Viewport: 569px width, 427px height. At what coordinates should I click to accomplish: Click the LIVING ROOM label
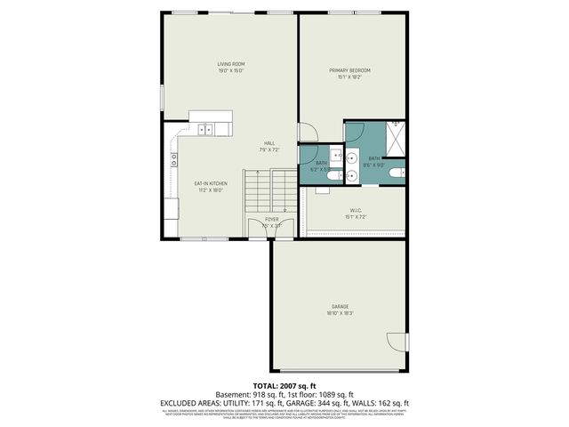click(x=231, y=64)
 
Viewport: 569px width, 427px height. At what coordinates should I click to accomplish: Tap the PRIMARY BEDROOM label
click(x=349, y=70)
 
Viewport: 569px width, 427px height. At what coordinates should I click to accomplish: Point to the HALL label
click(x=268, y=143)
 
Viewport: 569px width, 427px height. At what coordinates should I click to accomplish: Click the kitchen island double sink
click(x=206, y=129)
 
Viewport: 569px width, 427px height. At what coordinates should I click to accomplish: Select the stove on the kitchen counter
click(x=173, y=160)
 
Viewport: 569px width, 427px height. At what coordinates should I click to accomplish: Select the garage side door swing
click(x=397, y=342)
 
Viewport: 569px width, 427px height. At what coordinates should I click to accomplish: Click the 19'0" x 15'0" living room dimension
click(x=231, y=71)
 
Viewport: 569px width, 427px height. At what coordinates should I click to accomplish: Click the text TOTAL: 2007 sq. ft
click(x=284, y=385)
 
